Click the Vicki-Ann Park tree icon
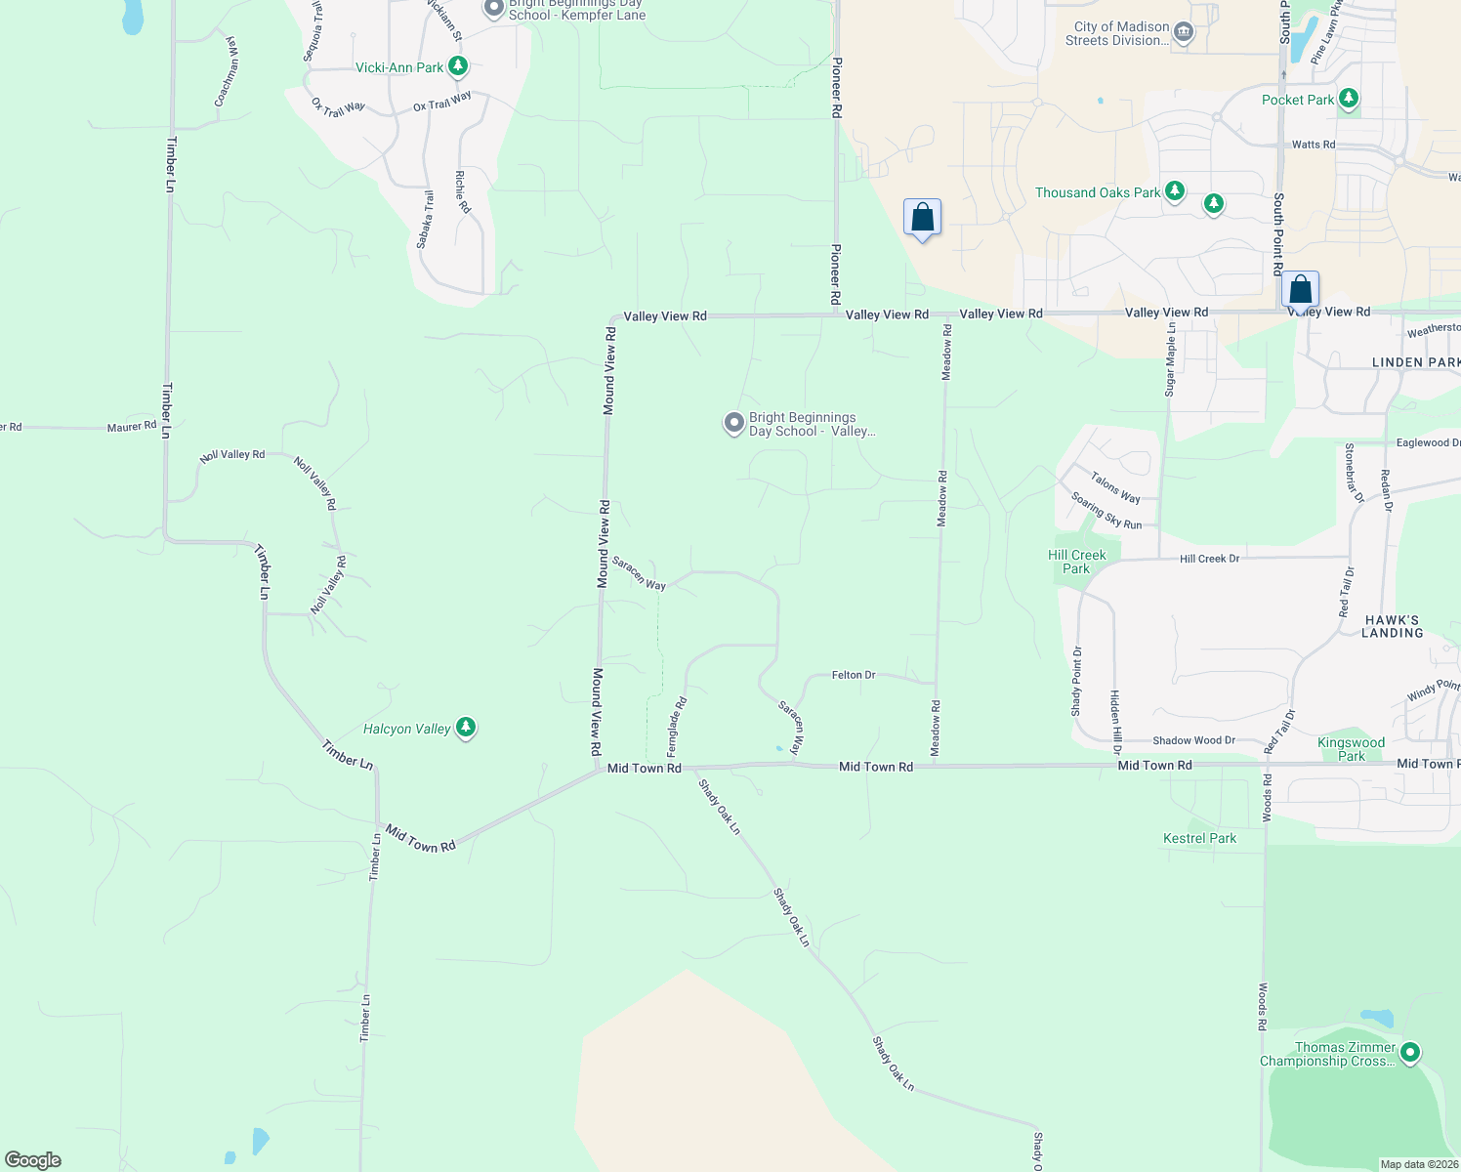(457, 67)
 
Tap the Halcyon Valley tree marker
(466, 728)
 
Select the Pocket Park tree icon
(1349, 99)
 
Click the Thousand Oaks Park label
(1098, 192)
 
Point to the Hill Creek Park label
(1076, 562)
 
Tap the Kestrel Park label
(1199, 838)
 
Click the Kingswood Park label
(1352, 749)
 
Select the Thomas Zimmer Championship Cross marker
(1409, 1053)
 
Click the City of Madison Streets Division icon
(1184, 32)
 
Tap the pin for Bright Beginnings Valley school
(734, 423)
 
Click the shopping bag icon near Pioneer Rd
(922, 218)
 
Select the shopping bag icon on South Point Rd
(1300, 290)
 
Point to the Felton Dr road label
(854, 675)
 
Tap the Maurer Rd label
(132, 427)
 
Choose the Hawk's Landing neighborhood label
(1392, 626)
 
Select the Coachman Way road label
(227, 72)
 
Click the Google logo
(33, 1159)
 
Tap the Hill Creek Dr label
(1209, 559)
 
